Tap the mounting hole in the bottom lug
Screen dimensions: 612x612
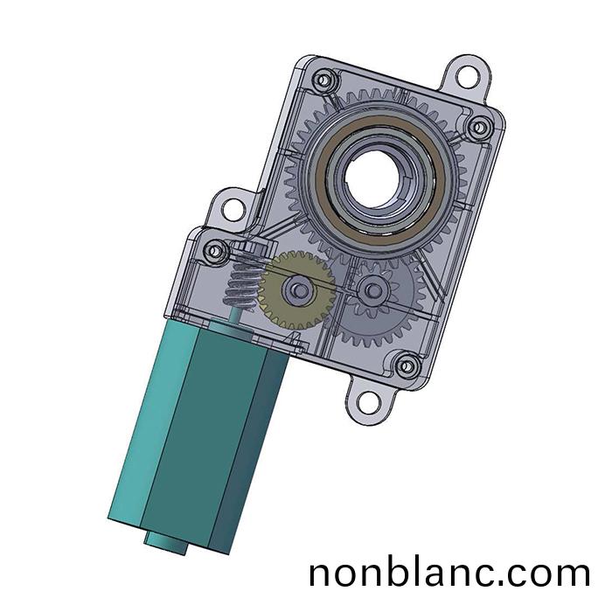[368, 403]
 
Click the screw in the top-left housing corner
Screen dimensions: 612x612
[323, 80]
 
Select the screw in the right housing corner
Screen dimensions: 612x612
[480, 128]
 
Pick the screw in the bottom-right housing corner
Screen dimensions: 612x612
[407, 366]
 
